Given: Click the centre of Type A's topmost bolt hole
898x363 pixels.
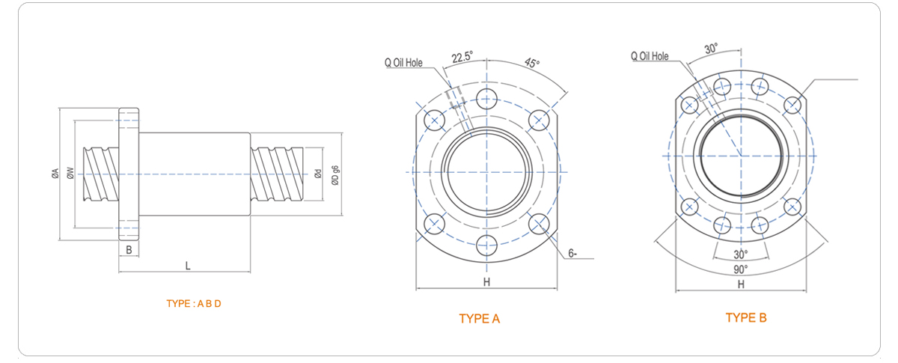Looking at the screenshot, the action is [486, 99].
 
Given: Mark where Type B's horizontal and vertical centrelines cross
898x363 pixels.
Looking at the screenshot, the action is [741, 156].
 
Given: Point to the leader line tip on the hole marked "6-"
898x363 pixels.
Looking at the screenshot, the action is [540, 225].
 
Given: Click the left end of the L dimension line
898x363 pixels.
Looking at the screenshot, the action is [119, 272].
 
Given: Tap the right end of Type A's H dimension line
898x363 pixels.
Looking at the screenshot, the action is [558, 287].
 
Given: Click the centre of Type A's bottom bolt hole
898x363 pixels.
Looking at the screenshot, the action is [486, 245].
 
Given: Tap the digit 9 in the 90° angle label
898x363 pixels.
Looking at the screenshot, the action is [737, 269].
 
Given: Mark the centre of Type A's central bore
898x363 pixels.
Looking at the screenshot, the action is [486, 172].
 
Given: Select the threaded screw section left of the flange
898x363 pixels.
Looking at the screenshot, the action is [101, 174].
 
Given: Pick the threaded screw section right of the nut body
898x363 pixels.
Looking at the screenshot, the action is [277, 174].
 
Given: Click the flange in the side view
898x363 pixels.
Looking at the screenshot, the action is [129, 174].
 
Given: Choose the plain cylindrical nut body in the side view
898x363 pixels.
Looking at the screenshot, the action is [195, 174].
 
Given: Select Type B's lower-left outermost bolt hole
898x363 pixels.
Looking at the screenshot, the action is [689, 207].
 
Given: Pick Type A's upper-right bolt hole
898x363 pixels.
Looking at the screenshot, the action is [539, 121].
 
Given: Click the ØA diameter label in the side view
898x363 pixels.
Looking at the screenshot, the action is [55, 174].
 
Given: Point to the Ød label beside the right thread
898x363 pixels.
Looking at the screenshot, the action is [318, 174].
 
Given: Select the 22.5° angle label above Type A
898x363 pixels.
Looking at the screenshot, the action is [462, 57].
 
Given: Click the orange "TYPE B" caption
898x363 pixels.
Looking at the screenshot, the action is [746, 317].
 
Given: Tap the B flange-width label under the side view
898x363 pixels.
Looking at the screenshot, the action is [129, 250].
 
